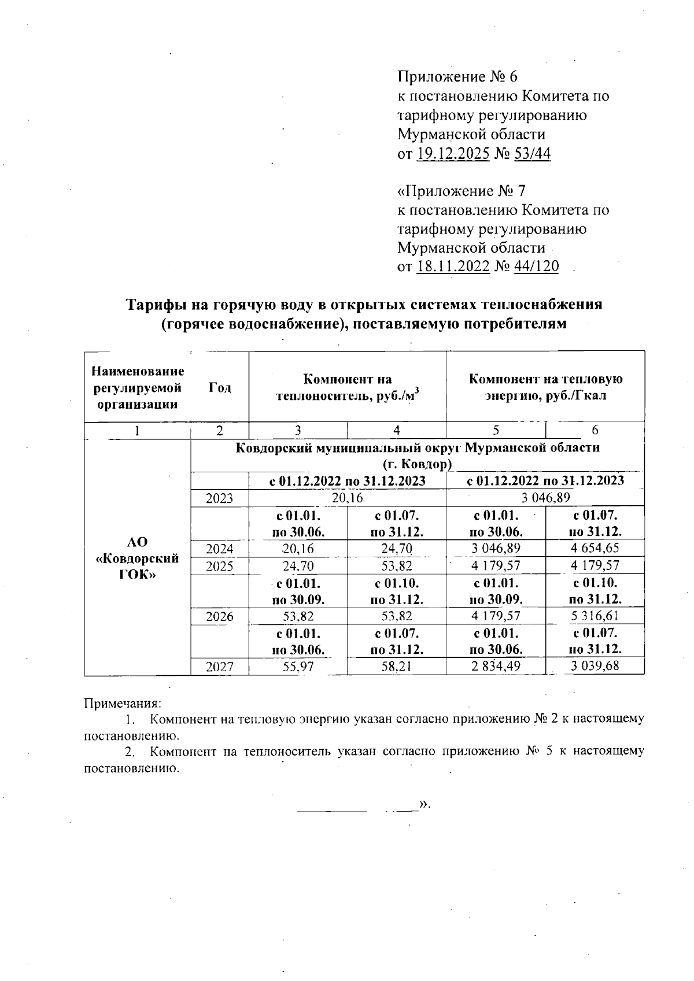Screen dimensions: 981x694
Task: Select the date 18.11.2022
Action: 453,266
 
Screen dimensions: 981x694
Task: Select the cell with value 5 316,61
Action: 595,616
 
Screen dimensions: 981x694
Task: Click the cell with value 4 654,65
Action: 595,548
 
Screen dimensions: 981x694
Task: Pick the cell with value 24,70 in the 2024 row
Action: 396,548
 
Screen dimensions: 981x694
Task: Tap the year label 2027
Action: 220,667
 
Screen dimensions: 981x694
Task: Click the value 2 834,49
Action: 496,666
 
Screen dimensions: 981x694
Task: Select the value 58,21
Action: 396,666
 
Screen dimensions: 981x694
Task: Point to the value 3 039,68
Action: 595,666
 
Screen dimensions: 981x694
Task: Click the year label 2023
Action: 220,498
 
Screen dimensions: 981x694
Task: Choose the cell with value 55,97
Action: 298,666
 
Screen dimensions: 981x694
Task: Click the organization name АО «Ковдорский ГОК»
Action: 138,558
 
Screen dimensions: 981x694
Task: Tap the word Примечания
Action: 123,704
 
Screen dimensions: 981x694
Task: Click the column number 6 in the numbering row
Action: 595,430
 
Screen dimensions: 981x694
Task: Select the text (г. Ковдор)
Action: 417,464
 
